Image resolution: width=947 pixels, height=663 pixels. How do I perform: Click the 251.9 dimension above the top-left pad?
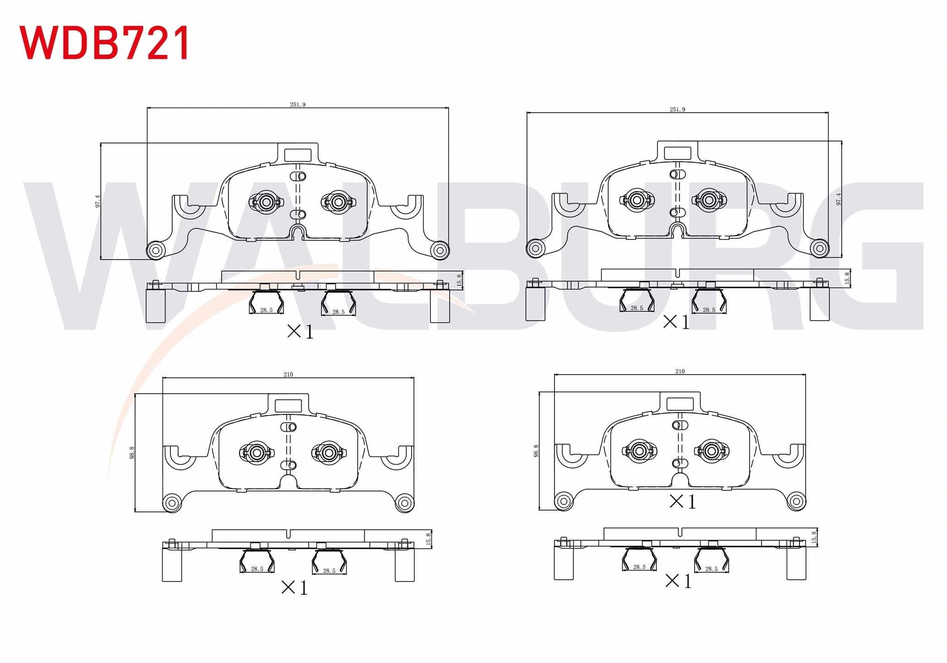point(298,104)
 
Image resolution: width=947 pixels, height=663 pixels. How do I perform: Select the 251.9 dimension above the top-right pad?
point(677,109)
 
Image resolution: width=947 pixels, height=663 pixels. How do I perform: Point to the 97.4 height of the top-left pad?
point(98,201)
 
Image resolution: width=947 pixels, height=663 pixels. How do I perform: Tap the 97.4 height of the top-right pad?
point(838,199)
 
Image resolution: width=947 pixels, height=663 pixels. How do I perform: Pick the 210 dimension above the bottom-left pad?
point(288,375)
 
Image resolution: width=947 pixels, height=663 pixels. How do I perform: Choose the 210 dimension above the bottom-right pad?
point(680,371)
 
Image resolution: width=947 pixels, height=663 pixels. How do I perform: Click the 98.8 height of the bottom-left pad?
point(132,452)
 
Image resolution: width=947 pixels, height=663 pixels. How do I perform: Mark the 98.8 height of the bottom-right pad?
point(536,451)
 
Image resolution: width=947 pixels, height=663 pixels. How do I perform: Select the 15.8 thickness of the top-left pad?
point(459,280)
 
